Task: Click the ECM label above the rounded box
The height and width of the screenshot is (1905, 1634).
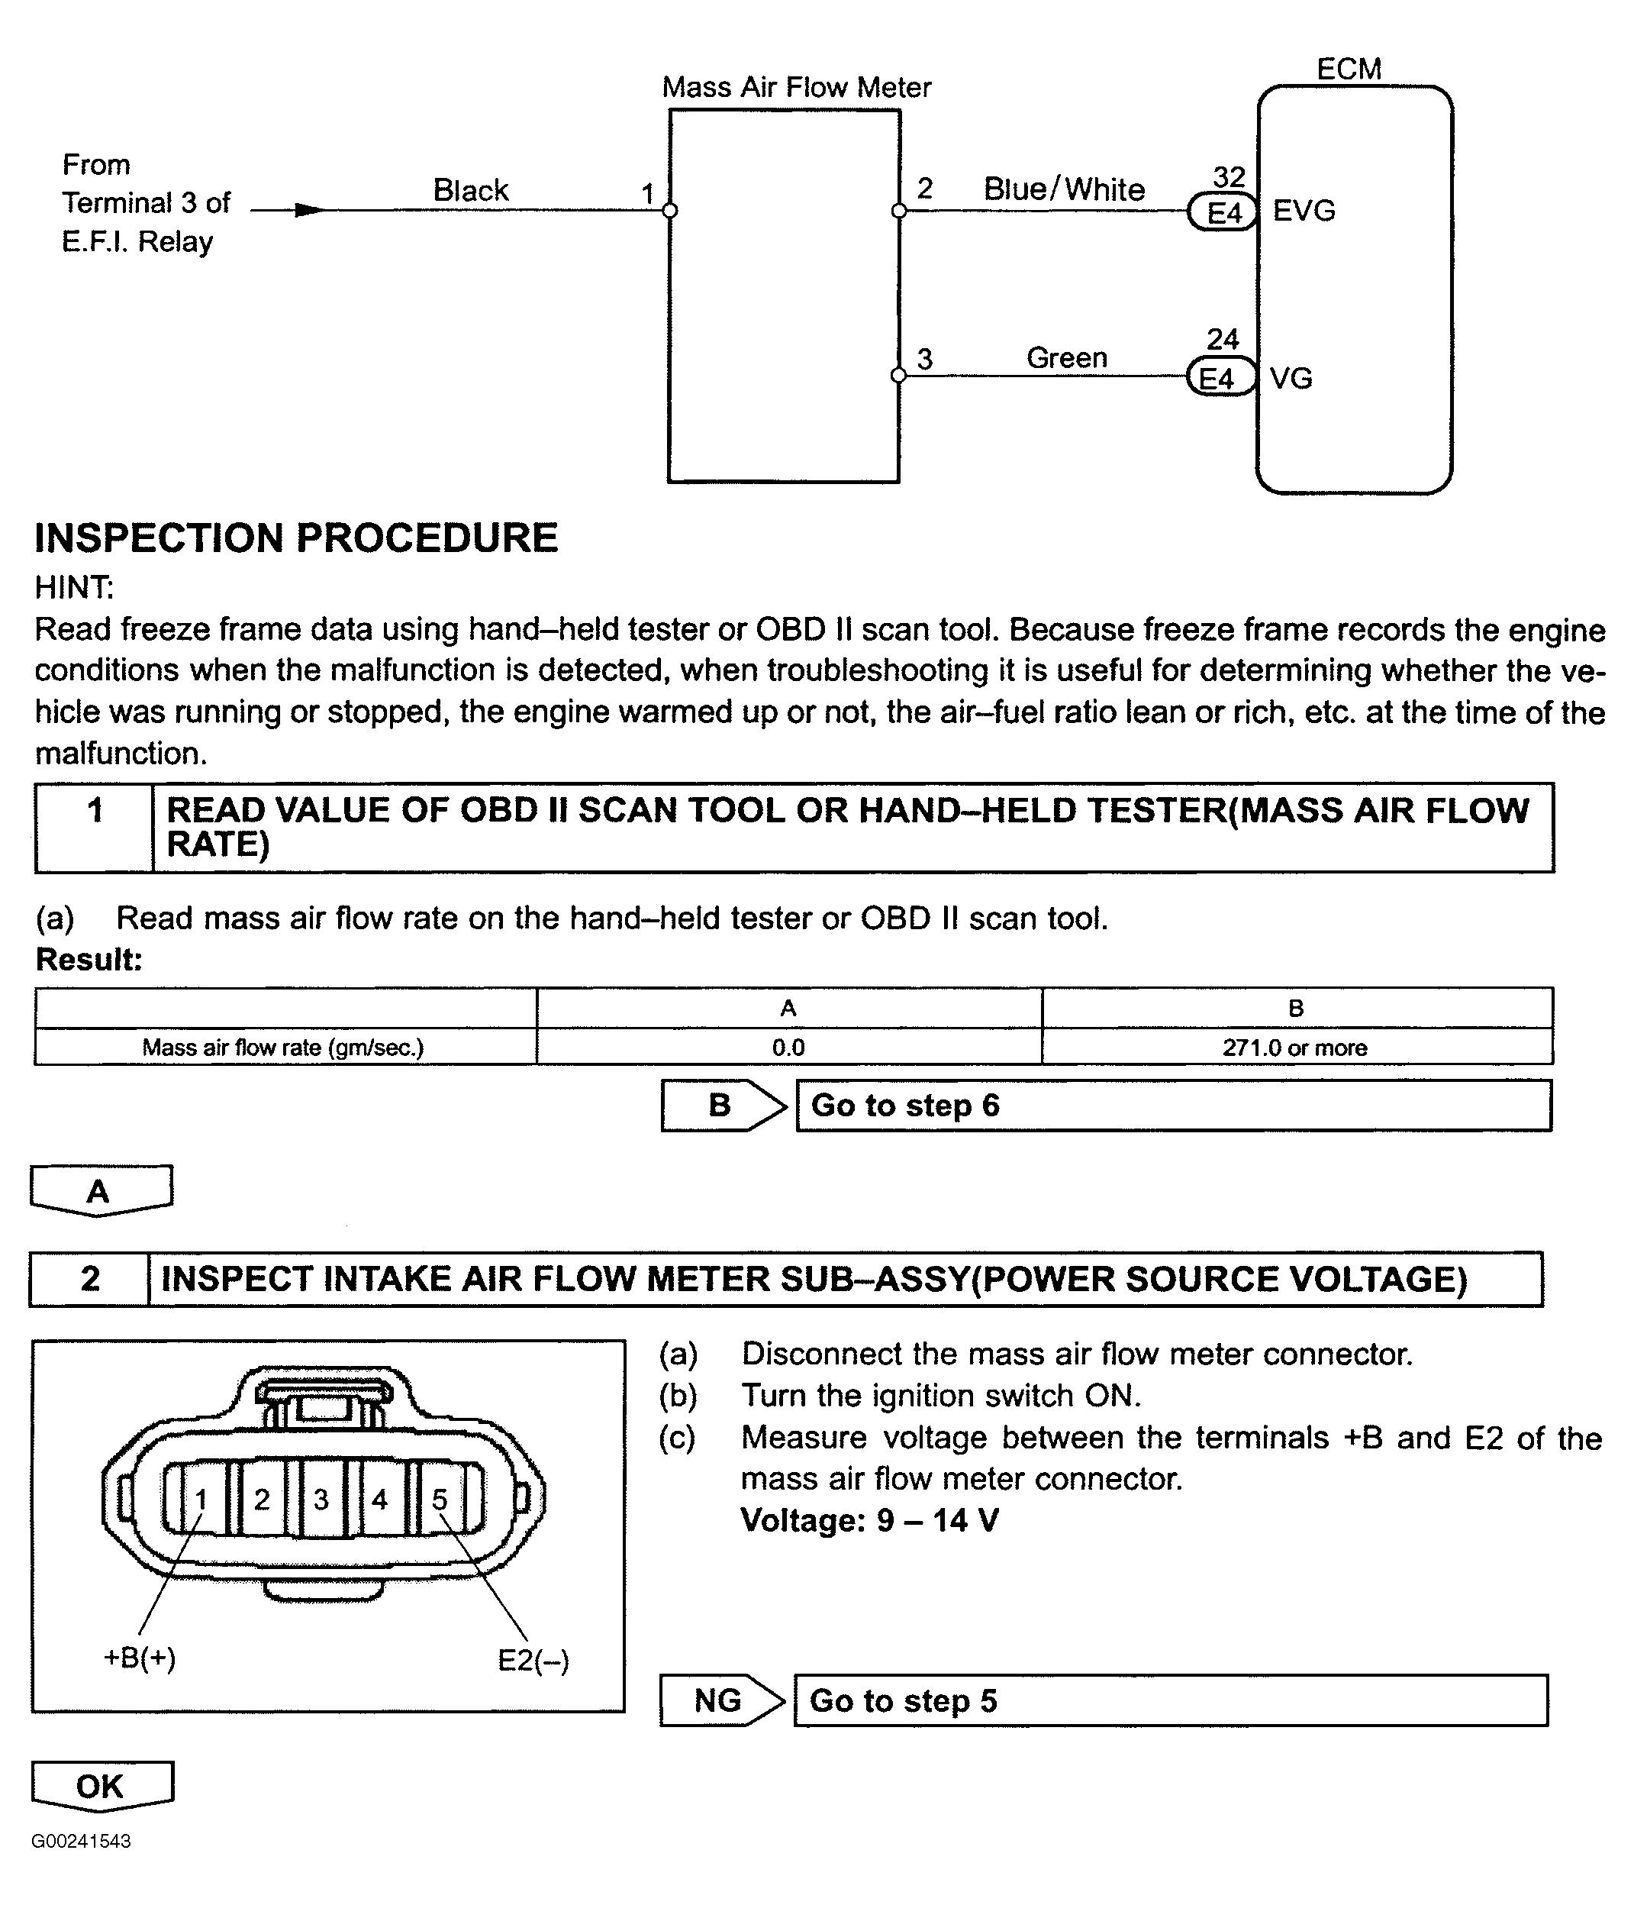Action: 1349,69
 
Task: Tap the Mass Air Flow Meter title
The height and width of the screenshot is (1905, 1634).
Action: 796,87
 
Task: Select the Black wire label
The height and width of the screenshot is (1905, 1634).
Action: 471,190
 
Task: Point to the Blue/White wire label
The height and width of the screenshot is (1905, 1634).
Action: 1064,189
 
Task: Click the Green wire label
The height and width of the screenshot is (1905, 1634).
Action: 1066,357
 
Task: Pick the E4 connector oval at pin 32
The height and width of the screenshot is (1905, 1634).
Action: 1223,213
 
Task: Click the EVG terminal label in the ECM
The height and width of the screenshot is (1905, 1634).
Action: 1304,211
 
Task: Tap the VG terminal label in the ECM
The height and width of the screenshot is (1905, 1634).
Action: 1291,379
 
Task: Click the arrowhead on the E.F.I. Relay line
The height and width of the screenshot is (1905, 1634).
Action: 310,211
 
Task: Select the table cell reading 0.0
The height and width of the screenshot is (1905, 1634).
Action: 788,1048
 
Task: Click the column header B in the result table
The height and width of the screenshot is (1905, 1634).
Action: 1296,1009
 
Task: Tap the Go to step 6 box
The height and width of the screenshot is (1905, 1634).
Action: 1173,1105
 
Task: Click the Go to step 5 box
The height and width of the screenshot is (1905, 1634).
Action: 1170,1701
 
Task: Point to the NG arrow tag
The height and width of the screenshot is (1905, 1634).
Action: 720,1701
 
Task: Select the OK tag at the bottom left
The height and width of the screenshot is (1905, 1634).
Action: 101,1787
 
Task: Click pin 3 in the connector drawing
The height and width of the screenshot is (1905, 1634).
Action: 321,1500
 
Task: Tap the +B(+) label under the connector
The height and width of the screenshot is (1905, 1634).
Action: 140,1658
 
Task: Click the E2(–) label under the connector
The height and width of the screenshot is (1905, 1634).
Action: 533,1661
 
